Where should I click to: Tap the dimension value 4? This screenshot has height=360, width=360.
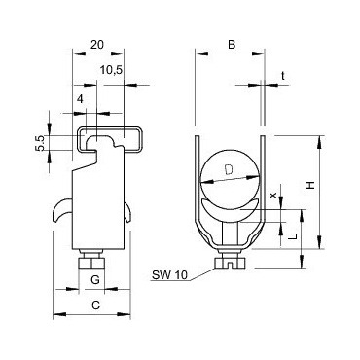click(x=79, y=97)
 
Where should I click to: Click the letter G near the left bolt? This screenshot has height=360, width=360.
click(x=94, y=281)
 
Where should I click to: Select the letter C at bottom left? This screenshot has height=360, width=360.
click(x=94, y=306)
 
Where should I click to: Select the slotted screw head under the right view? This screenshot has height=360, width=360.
click(x=230, y=260)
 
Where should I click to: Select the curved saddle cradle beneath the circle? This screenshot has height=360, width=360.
click(x=230, y=214)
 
